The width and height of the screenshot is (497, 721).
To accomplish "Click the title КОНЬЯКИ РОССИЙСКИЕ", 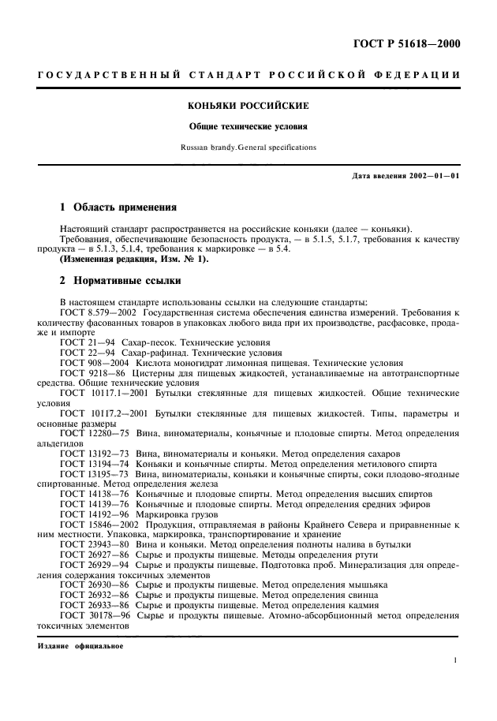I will click(x=248, y=105).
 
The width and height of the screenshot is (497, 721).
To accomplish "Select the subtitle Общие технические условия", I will click(x=248, y=125).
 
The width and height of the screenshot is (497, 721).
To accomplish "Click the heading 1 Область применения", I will click(x=118, y=208).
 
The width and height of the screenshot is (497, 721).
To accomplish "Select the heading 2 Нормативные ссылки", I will click(x=121, y=280).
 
